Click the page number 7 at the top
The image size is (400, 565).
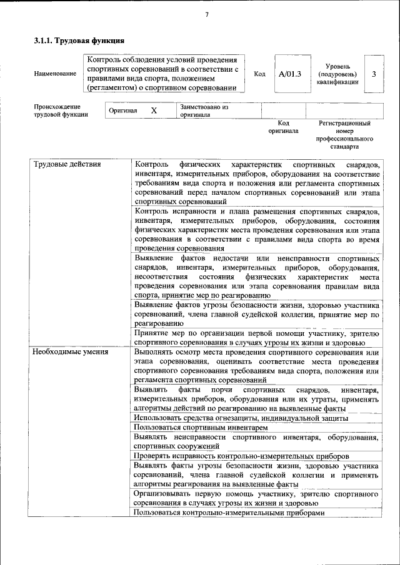[206, 15]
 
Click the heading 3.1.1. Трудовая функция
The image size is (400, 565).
[74, 41]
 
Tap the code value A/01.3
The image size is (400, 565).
[289, 74]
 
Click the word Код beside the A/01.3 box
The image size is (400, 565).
[260, 74]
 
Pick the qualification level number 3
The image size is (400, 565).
[373, 74]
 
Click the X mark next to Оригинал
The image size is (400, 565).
[154, 111]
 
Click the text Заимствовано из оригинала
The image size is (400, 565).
[204, 111]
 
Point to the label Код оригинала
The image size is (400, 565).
[283, 127]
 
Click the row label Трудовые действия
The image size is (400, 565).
[67, 164]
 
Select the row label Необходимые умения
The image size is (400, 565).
[71, 351]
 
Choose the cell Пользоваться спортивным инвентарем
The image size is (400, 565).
[201, 428]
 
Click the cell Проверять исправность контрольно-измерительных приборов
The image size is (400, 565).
[241, 456]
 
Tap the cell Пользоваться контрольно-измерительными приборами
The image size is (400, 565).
[229, 513]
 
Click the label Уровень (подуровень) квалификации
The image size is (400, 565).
[337, 74]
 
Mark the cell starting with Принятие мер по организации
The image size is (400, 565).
[256, 338]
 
